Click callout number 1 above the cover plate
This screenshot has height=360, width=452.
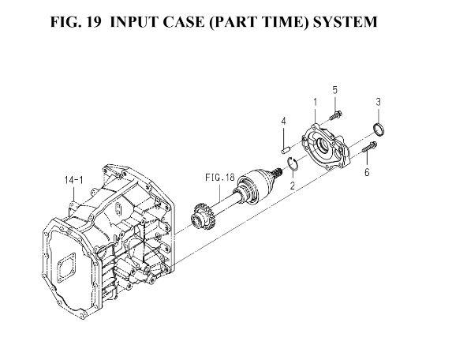pyautogui.click(x=315, y=103)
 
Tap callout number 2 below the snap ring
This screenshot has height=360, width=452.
pyautogui.click(x=293, y=186)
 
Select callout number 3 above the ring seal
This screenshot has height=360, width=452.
pyautogui.click(x=378, y=102)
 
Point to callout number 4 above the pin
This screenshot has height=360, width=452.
pyautogui.click(x=284, y=122)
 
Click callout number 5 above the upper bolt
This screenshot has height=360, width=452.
pyautogui.click(x=334, y=90)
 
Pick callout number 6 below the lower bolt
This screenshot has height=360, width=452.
pyautogui.click(x=367, y=172)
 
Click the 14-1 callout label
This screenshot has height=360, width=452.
pyautogui.click(x=74, y=180)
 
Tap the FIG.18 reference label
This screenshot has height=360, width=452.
pyautogui.click(x=220, y=178)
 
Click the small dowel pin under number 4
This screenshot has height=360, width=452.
pyautogui.click(x=285, y=150)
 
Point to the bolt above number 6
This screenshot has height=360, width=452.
pyautogui.click(x=368, y=147)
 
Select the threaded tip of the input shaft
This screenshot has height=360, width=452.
pyautogui.click(x=278, y=172)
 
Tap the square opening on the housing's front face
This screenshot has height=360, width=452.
pyautogui.click(x=66, y=267)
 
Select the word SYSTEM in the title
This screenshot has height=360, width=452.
pyautogui.click(x=345, y=22)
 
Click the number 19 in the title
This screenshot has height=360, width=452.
pyautogui.click(x=93, y=22)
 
